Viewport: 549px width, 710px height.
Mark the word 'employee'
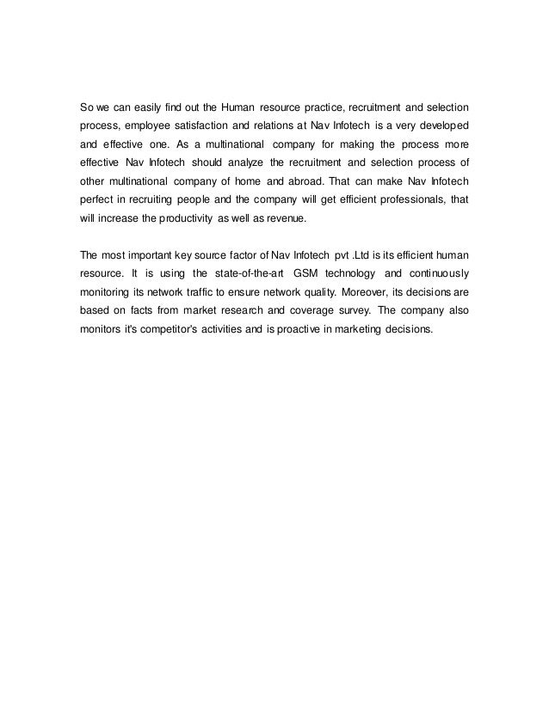[x=153, y=127]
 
